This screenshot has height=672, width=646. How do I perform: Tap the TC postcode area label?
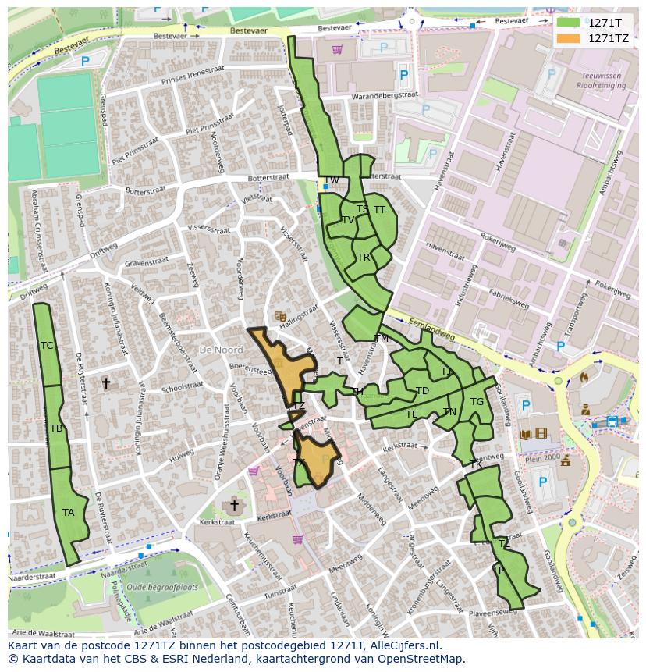click(47, 346)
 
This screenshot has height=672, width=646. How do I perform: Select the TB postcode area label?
click(56, 428)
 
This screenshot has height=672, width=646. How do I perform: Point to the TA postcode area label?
click(69, 513)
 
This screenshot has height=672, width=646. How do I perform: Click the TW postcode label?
click(332, 180)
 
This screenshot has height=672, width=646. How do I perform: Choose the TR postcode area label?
click(364, 258)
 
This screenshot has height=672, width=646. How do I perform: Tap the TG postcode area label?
click(477, 402)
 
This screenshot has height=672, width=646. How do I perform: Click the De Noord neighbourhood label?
click(221, 350)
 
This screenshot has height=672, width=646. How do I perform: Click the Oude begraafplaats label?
click(162, 587)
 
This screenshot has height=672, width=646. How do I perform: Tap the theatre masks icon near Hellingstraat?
click(279, 315)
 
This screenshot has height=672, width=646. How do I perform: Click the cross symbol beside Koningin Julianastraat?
click(106, 383)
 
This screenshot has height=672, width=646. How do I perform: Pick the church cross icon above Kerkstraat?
click(233, 506)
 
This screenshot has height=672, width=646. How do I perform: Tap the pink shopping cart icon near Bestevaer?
click(337, 49)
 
